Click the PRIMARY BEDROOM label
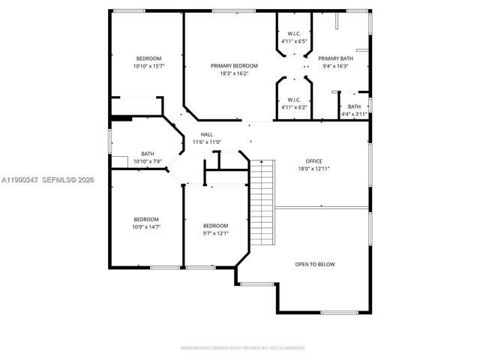click(234, 66)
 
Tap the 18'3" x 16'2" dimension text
click(234, 73)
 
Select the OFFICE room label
click(313, 161)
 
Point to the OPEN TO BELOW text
click(315, 264)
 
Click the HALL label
click(206, 134)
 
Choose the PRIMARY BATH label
click(335, 58)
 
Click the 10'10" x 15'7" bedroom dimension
click(148, 66)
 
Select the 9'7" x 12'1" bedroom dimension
click(215, 233)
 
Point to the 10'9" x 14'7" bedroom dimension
click(146, 226)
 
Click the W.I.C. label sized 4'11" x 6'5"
click(294, 34)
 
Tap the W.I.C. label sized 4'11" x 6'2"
click(294, 100)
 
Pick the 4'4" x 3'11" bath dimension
click(354, 114)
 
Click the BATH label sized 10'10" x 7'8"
click(148, 154)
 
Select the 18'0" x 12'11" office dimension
click(313, 169)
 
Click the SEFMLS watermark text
click(68, 180)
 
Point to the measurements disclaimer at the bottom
click(241, 348)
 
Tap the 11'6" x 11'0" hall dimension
click(206, 142)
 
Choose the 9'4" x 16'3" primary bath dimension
click(335, 66)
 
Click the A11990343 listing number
click(18, 180)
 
